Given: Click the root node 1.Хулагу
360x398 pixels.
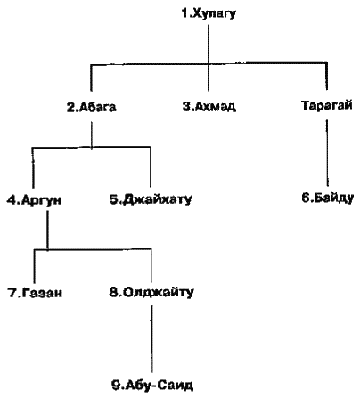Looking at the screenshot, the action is point(209,14).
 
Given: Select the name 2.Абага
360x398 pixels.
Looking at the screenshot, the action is point(91,107).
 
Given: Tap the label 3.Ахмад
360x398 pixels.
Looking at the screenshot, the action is point(209,106).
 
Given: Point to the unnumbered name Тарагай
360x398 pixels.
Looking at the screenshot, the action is point(327,105).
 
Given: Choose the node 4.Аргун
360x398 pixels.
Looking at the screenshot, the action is point(34,199).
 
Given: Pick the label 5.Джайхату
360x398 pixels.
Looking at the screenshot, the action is point(151,199).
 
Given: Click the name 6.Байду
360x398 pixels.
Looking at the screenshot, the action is point(327,198).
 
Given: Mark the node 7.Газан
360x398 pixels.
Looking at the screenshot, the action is point(35,293).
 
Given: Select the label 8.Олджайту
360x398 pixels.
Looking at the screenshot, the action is point(151,292).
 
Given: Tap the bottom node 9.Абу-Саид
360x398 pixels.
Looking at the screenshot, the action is point(152,386).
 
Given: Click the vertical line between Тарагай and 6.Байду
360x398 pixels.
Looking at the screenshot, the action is point(327,153).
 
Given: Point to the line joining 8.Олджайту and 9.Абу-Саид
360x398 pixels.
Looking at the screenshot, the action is point(152,339).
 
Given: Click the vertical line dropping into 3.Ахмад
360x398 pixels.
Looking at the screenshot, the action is point(209,58).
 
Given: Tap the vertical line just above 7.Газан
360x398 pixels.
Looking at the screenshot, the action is point(35,266).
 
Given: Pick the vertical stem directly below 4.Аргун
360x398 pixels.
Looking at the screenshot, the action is point(47,230).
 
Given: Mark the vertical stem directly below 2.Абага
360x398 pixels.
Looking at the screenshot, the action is point(91,134).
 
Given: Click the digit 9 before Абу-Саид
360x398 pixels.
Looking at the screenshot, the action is point(115,386).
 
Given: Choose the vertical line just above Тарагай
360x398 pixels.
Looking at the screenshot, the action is point(327,76).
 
